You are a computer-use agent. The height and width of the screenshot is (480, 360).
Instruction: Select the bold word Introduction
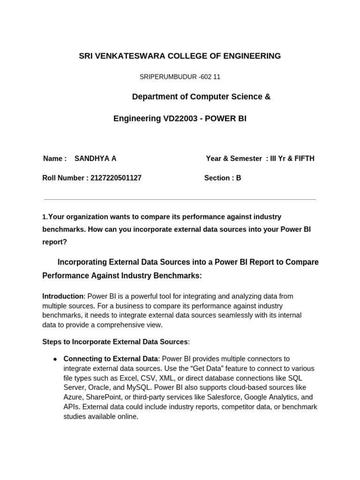pyautogui.click(x=62, y=296)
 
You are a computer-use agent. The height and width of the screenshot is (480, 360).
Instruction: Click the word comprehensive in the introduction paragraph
pyautogui.click(x=108, y=324)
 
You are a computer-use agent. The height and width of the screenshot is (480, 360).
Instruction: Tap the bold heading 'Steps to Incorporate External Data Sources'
pyautogui.click(x=115, y=342)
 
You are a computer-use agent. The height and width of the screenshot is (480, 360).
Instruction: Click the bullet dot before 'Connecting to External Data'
pyautogui.click(x=55, y=359)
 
